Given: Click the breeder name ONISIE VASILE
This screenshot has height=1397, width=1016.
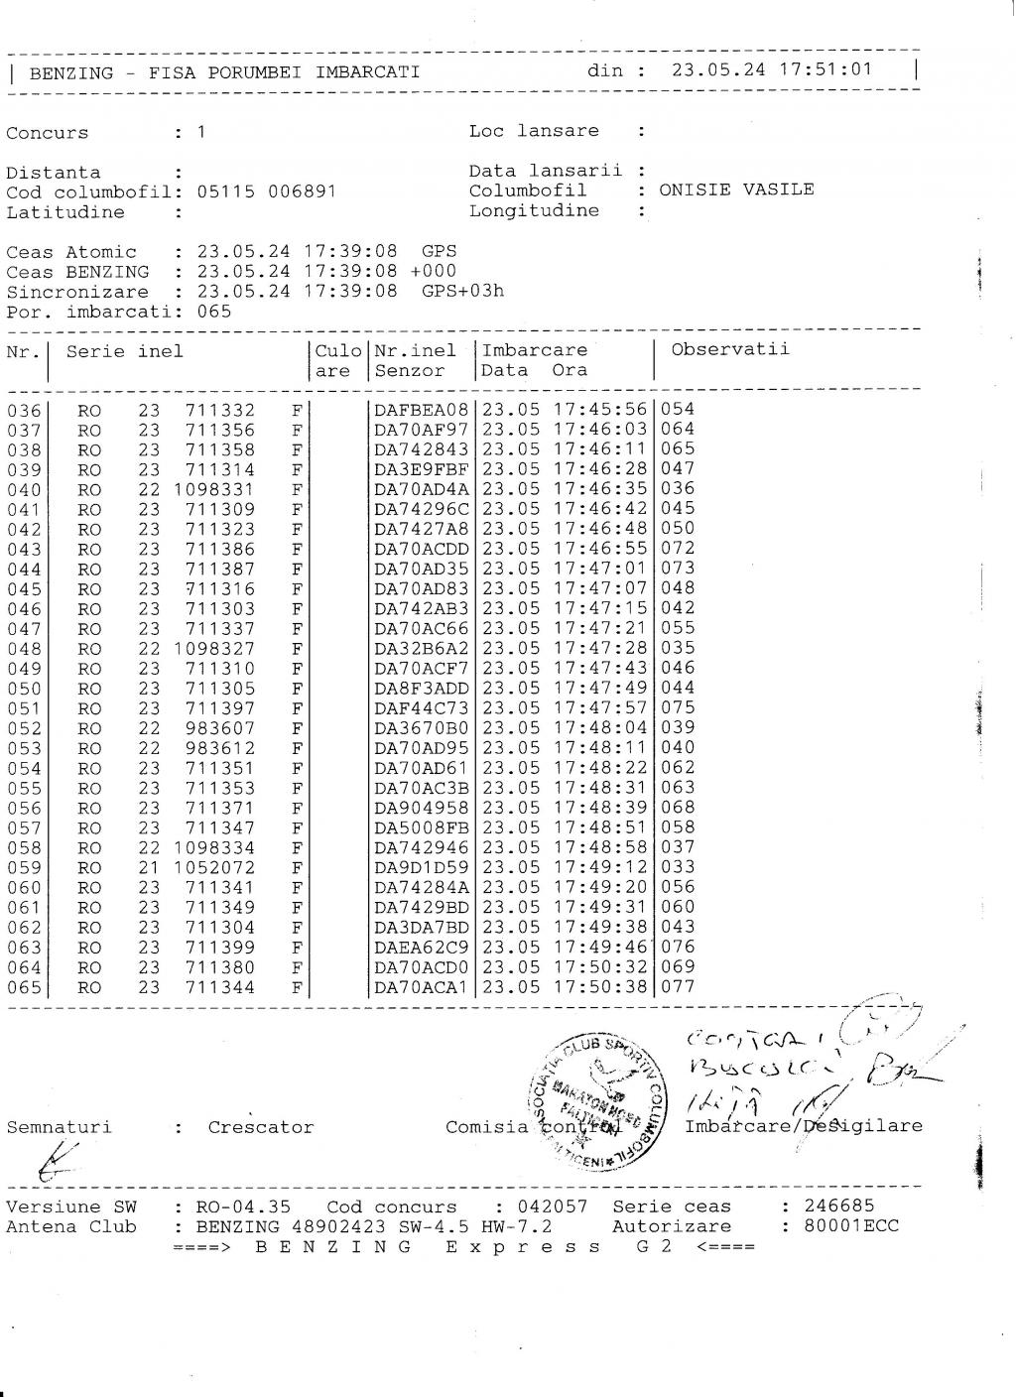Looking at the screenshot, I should click(x=736, y=190).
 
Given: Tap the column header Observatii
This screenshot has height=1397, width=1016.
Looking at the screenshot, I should click(x=730, y=348).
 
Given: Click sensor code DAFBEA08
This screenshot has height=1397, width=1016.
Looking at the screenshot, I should click(x=421, y=410).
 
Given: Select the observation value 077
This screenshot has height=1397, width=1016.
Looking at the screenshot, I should click(x=678, y=986).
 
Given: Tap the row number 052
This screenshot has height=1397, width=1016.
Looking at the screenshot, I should click(x=24, y=728).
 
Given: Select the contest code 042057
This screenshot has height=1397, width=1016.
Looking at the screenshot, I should click(x=554, y=1207).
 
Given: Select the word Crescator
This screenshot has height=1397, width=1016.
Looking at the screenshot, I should click(x=261, y=1127).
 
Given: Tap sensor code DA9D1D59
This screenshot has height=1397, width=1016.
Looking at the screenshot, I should click(x=421, y=868).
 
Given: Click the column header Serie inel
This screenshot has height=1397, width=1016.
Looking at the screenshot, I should click(x=125, y=351).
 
